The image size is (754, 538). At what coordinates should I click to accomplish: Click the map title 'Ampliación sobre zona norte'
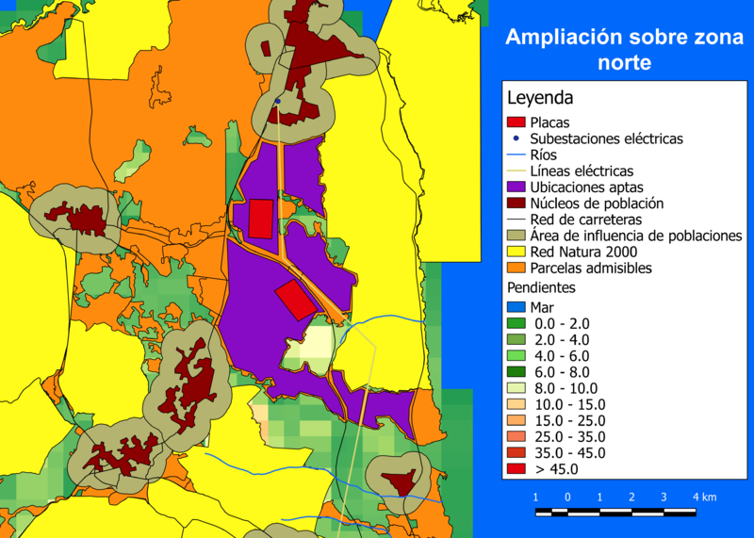pos(624,50)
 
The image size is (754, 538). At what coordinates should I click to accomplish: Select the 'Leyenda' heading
pos(540,98)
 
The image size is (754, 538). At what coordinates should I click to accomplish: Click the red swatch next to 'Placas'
pos(516,122)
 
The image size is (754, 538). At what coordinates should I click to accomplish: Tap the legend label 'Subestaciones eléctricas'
pos(606,139)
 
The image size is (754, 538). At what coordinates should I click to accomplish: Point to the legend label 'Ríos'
pos(544,155)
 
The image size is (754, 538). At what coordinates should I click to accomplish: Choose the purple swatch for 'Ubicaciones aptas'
pos(516,187)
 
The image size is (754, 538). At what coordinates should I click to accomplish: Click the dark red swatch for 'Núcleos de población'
pos(516,204)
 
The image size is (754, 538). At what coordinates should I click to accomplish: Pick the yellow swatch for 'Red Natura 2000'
pos(516,252)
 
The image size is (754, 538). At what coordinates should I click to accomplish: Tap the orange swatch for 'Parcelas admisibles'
pos(516,269)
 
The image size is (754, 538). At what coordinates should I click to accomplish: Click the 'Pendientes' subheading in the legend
pos(542,287)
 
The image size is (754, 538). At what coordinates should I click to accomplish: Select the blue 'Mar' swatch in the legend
pos(516,307)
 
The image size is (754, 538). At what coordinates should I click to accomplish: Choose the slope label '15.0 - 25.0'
pos(569,420)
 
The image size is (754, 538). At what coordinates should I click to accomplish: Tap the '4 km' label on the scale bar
pos(704,497)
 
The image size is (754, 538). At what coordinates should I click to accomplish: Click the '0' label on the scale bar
pos(567,497)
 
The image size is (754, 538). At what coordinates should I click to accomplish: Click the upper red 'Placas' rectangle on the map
pos(260,218)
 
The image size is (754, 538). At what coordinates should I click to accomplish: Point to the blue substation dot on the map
pos(278,100)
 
